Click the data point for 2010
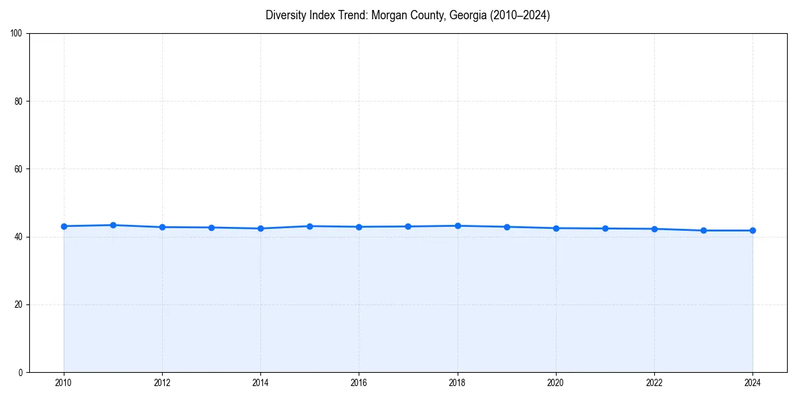(x=64, y=226)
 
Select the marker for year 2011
(x=113, y=225)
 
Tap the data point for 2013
(x=211, y=228)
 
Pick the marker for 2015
(x=310, y=226)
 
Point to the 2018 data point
(x=458, y=226)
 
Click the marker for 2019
(x=507, y=227)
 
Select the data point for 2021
(x=605, y=228)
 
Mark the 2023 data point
(x=703, y=230)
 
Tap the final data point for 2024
(x=753, y=230)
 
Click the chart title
(x=407, y=15)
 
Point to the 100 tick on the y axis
(x=17, y=34)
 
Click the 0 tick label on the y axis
(x=21, y=372)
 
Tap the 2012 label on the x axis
(x=162, y=383)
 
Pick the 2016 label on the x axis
(x=359, y=383)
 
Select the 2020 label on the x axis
(x=556, y=383)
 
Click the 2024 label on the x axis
(x=753, y=383)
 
